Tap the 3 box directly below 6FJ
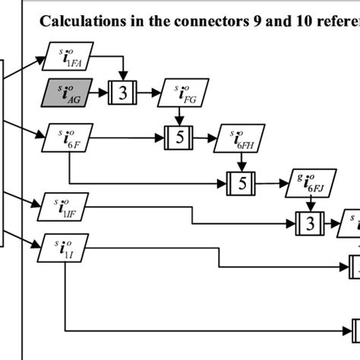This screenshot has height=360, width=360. point(309,223)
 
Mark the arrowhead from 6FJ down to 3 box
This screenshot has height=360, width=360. point(309,210)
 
